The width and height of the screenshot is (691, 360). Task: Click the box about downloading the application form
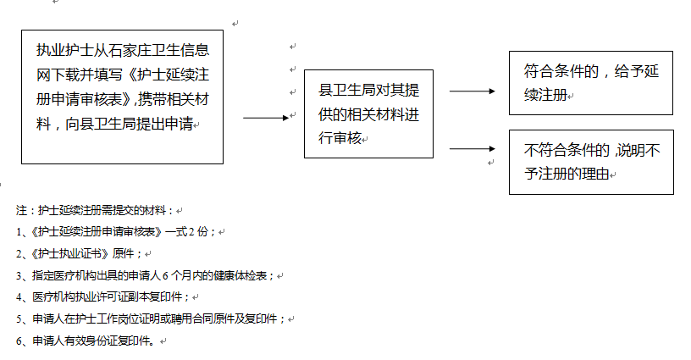(x=122, y=97)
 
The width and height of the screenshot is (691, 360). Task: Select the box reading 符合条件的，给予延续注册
(x=590, y=82)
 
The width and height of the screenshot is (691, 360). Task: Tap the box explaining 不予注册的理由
(x=590, y=162)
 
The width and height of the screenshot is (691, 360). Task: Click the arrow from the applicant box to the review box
(x=266, y=118)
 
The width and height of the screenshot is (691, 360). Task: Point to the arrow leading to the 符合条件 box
(x=471, y=91)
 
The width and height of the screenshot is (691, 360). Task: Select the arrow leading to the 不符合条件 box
(x=471, y=149)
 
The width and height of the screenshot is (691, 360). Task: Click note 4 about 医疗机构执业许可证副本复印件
(x=110, y=297)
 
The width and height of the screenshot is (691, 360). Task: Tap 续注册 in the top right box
(x=545, y=95)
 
